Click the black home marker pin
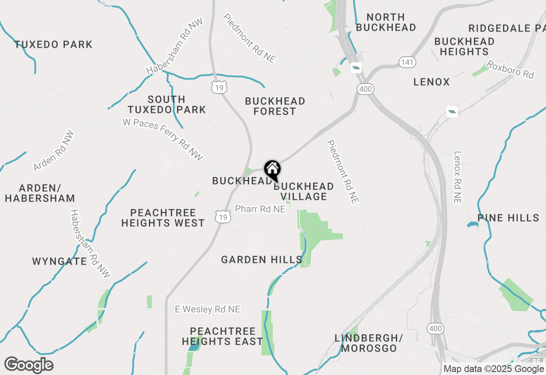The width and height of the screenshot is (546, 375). (x=272, y=170)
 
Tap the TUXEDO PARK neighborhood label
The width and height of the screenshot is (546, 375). (x=53, y=44)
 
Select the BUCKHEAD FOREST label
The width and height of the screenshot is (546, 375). (x=275, y=106)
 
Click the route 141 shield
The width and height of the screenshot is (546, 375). (x=407, y=62)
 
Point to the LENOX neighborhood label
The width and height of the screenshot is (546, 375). (x=431, y=82)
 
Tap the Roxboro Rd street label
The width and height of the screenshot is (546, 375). (x=510, y=69)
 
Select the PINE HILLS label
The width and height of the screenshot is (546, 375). (x=508, y=218)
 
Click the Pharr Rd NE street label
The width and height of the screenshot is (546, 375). (x=260, y=209)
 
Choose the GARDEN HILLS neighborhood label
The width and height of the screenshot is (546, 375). (x=261, y=260)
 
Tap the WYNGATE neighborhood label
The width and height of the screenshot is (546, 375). (x=59, y=261)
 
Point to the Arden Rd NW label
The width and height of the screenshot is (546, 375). (x=54, y=151)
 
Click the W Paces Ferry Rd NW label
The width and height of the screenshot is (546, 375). (x=163, y=139)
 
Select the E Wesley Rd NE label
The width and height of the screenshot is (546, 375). (x=208, y=309)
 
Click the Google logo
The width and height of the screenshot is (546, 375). (x=29, y=365)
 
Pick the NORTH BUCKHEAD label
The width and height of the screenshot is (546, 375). (x=386, y=22)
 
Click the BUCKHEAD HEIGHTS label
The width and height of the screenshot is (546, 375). (x=464, y=46)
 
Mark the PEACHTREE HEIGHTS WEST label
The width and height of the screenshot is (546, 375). (x=163, y=218)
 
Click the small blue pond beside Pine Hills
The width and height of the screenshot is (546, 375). (x=473, y=224)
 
